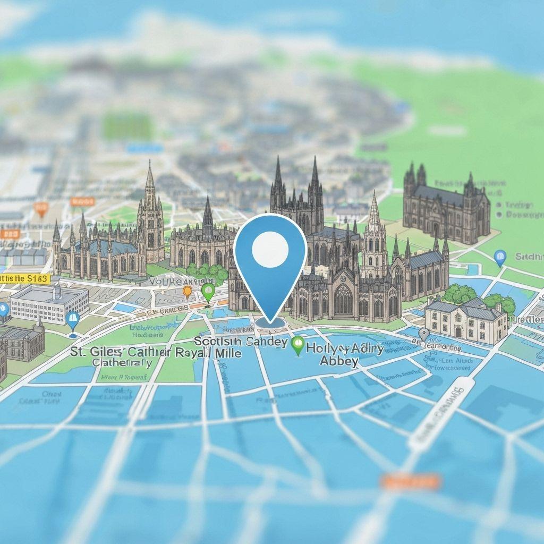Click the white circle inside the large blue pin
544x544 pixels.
[x=270, y=250]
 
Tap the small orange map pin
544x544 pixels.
[x=187, y=291]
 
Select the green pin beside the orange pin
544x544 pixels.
[x=208, y=291]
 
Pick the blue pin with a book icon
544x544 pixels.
[x=72, y=320]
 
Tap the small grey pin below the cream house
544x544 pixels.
[x=423, y=334]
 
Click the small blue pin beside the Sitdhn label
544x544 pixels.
[x=500, y=258]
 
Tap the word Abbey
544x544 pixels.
[x=339, y=361]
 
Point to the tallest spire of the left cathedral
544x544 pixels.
[x=150, y=181]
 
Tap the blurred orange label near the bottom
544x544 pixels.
[x=410, y=482]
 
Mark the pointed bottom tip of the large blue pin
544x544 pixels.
[x=270, y=321]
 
